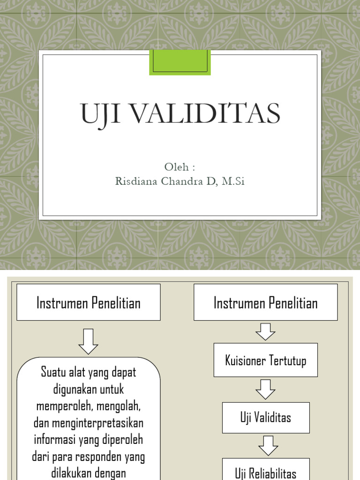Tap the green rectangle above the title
pos(180,62)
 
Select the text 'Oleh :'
pos(180,167)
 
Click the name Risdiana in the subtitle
pos(136,181)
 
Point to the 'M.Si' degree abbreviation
pos(233,181)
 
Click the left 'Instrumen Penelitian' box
pos(89,303)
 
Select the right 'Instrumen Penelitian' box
pos(265,303)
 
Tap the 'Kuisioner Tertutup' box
pos(265,360)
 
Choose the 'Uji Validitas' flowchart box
pos(265,418)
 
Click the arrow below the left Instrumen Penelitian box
pos(88,341)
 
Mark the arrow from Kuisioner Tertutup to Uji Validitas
pos(265,390)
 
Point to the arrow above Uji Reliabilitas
pos(268,446)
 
